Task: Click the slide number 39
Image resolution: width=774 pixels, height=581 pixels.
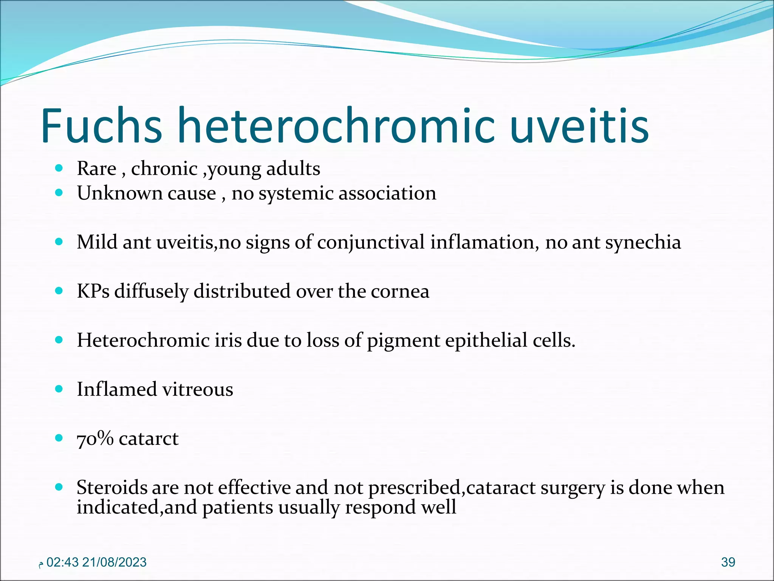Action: [728, 562]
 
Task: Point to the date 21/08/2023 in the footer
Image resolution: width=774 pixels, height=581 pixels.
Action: [114, 562]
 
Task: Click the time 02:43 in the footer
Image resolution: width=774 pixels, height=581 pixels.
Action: [62, 562]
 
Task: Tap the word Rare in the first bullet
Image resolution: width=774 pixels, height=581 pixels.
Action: [96, 168]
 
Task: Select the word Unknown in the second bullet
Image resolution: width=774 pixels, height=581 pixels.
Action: [119, 193]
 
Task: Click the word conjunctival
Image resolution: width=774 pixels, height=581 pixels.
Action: [371, 242]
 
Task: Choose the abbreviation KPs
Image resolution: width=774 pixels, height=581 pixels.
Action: [93, 291]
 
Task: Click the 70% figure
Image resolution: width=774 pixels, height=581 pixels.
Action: [95, 439]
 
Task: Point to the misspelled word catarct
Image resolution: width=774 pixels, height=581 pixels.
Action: [149, 439]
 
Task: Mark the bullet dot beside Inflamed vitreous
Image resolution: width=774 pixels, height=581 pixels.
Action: [59, 389]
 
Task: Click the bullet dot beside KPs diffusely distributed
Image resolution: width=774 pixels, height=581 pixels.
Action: [59, 291]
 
